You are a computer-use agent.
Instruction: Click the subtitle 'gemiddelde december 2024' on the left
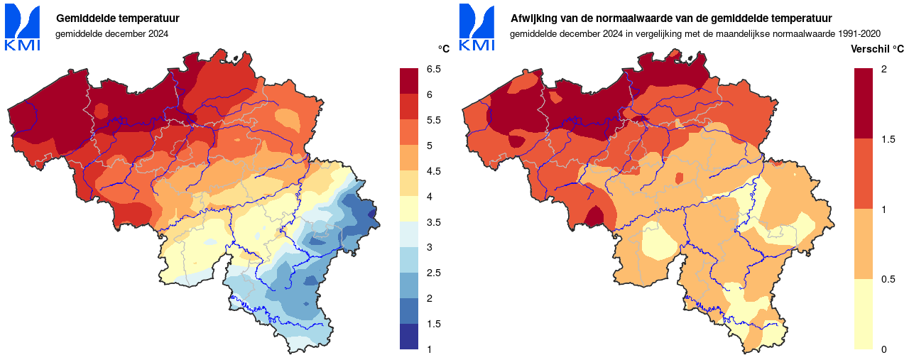tap(111, 33)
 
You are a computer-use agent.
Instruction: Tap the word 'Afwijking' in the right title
tap(533, 18)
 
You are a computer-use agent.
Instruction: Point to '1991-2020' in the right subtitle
tap(859, 33)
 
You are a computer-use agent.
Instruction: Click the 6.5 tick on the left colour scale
tap(433, 70)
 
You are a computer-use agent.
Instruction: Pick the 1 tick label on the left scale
tap(429, 349)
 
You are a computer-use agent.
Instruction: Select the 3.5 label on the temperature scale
tap(433, 222)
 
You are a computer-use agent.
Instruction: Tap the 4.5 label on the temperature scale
tap(433, 171)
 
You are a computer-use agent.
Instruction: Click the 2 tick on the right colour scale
tap(883, 70)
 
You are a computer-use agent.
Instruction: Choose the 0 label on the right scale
tap(883, 349)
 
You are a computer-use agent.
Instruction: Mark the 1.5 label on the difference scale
tap(887, 139)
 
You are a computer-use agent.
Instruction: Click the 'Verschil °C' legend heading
tap(877, 49)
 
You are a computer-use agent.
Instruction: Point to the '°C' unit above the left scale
tap(444, 49)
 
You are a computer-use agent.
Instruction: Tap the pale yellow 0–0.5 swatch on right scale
tap(863, 313)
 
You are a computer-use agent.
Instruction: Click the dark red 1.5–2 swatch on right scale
tap(863, 103)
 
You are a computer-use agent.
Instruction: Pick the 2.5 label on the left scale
tap(433, 273)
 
